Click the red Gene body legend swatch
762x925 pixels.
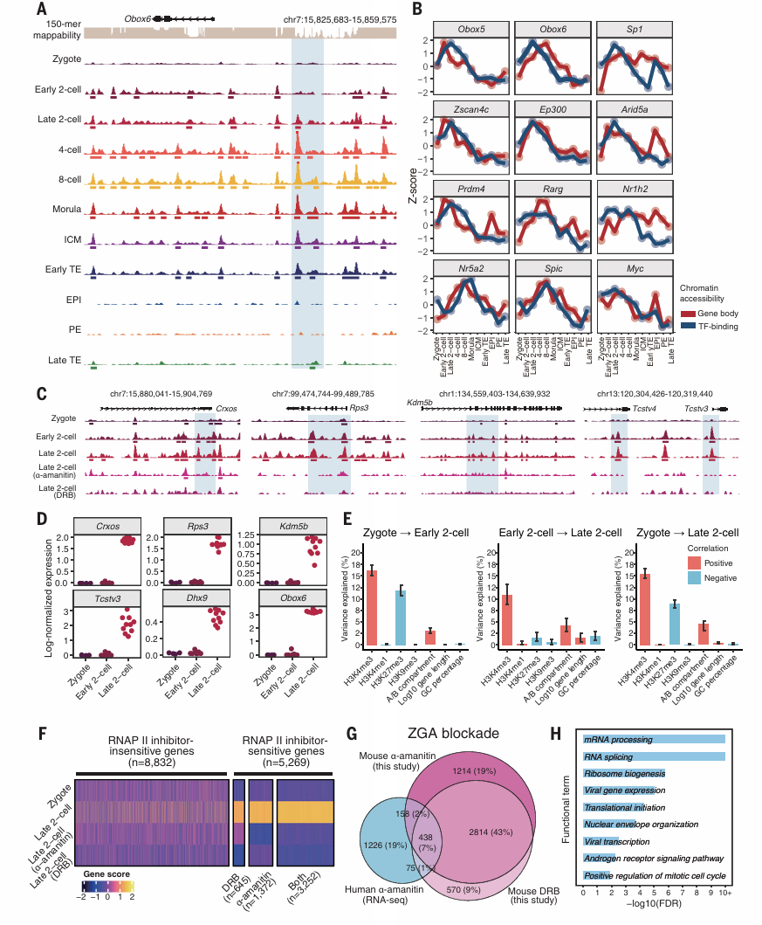coord(686,313)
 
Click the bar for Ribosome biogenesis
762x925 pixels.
coord(624,772)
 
